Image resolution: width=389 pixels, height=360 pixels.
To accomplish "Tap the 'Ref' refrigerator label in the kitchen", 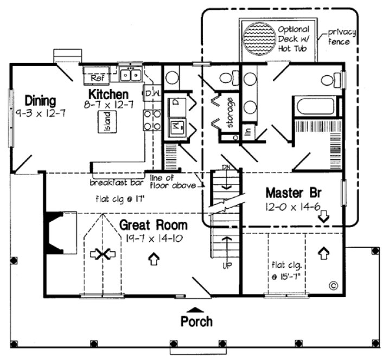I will point(97,78).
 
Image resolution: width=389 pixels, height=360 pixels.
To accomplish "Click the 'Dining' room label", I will point(40,101).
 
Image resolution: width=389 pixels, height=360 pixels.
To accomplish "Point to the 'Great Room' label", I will point(153,224).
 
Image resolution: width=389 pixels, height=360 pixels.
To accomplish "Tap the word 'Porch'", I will point(196,321).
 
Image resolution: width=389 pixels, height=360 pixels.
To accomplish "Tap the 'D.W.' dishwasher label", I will point(152,93).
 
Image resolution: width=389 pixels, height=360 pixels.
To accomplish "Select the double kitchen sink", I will point(131,74).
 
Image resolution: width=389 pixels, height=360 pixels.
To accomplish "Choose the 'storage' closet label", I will point(230,112).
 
